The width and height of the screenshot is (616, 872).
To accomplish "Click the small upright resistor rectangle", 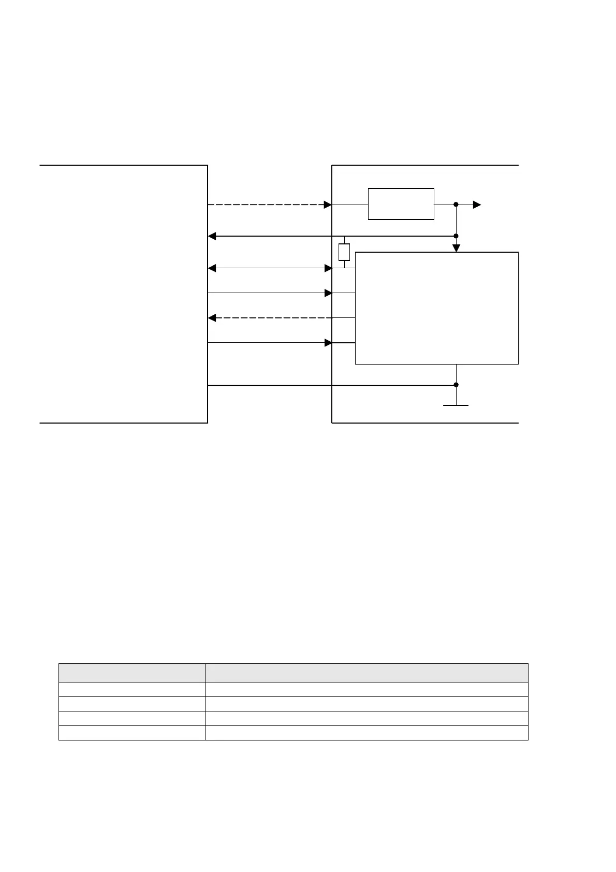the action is (x=344, y=252).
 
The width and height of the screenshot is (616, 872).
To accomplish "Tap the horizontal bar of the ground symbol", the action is (x=456, y=405).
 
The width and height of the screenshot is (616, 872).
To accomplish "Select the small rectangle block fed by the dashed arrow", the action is (x=401, y=204).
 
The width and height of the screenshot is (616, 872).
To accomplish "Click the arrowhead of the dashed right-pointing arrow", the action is (x=328, y=205).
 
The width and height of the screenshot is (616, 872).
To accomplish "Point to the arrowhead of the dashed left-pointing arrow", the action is (x=212, y=317).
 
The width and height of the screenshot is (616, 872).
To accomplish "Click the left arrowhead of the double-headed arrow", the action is (x=212, y=268).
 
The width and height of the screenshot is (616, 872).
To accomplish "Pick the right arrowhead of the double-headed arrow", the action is (x=328, y=268).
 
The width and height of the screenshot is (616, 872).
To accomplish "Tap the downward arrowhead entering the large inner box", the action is (x=456, y=248).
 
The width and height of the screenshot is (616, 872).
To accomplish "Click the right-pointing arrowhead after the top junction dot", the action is (x=477, y=205).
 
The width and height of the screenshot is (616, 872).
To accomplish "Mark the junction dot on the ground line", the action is (x=456, y=385).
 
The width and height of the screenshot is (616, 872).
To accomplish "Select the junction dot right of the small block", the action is (x=456, y=205).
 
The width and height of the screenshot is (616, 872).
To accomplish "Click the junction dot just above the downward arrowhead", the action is (x=456, y=236).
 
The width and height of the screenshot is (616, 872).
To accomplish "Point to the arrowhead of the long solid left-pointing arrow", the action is (x=212, y=237).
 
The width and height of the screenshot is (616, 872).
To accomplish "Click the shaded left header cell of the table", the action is (x=131, y=673).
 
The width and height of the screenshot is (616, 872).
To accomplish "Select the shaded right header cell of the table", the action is (x=366, y=673).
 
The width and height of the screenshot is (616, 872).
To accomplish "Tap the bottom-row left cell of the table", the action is (x=131, y=733).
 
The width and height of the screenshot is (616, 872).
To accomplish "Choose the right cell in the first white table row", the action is (x=366, y=689).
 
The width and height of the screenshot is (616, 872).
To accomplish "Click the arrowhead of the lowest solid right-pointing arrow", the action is (x=328, y=343).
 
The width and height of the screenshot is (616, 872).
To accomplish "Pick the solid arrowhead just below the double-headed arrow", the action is (x=328, y=293).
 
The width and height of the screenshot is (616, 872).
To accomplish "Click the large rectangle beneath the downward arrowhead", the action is (x=436, y=308).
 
